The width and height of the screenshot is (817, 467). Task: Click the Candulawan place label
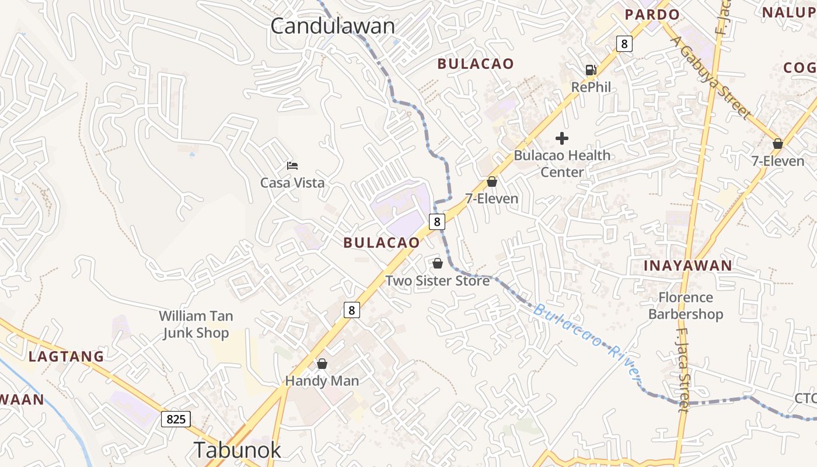click(x=333, y=26)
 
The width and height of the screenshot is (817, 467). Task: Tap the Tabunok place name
click(x=237, y=449)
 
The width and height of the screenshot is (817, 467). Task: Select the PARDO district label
click(x=652, y=15)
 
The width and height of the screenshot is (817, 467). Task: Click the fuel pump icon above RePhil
click(x=591, y=70)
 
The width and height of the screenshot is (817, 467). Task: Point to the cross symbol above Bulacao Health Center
click(x=562, y=138)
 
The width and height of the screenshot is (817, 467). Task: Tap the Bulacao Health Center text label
click(x=562, y=163)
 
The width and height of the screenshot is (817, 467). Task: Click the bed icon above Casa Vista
click(x=292, y=166)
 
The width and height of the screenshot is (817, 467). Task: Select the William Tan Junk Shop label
click(x=196, y=325)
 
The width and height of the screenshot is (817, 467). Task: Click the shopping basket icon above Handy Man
click(x=322, y=364)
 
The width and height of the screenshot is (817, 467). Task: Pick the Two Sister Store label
click(x=437, y=281)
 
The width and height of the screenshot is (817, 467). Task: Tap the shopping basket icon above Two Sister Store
click(x=438, y=263)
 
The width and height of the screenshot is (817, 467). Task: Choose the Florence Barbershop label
click(x=686, y=306)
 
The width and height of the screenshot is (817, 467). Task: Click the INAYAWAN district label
click(x=687, y=266)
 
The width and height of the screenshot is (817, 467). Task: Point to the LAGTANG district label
click(x=66, y=356)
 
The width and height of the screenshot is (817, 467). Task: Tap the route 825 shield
click(x=176, y=419)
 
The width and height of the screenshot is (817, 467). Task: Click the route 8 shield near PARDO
click(x=624, y=43)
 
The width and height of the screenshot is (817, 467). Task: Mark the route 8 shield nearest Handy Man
click(x=351, y=310)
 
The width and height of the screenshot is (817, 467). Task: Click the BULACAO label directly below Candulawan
click(x=476, y=64)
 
